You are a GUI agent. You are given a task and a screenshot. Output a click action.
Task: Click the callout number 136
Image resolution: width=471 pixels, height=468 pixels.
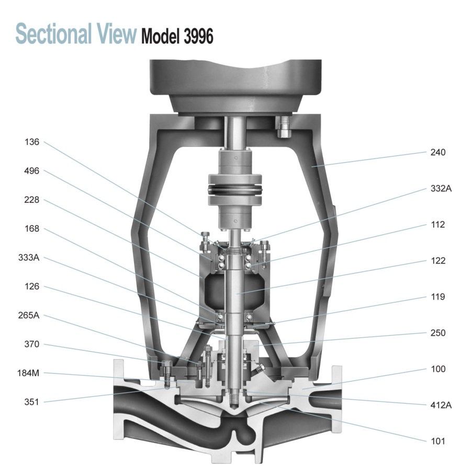point(32,142)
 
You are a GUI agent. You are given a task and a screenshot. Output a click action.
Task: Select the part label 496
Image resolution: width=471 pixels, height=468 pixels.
point(32,171)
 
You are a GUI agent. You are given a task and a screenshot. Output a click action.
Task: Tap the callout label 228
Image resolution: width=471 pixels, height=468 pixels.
point(32,200)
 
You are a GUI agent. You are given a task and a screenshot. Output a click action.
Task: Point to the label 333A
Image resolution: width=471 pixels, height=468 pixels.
point(29,258)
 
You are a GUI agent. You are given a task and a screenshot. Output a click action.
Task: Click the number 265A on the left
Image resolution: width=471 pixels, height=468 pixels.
point(29,315)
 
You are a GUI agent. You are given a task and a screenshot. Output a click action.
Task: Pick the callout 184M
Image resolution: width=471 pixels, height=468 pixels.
point(28,373)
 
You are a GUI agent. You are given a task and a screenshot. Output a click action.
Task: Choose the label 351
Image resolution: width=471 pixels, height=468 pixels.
point(32,402)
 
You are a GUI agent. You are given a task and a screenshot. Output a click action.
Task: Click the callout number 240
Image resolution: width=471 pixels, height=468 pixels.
point(438,152)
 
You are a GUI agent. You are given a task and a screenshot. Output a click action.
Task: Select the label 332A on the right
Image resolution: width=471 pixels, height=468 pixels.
point(441,188)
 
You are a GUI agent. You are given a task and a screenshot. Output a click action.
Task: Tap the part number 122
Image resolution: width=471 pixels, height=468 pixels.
point(438,260)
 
